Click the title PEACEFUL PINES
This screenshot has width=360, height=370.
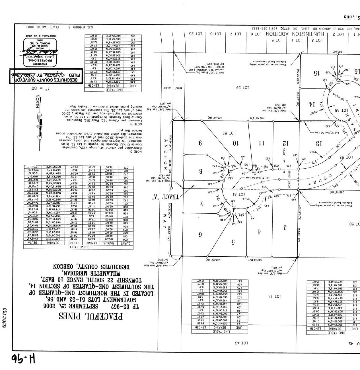coord(91,316)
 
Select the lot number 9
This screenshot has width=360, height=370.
coord(200,142)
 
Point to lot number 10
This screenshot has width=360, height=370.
coord(235,143)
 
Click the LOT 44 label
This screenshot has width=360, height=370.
coord(275,296)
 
